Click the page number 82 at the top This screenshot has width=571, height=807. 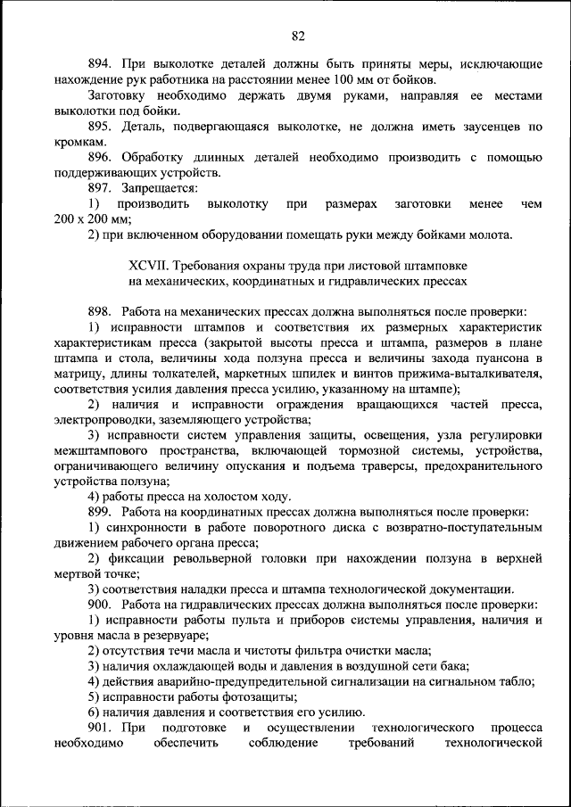coord(298,36)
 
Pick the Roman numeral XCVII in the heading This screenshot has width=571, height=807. coord(147,266)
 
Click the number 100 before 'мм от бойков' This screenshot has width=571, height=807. coord(344,78)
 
